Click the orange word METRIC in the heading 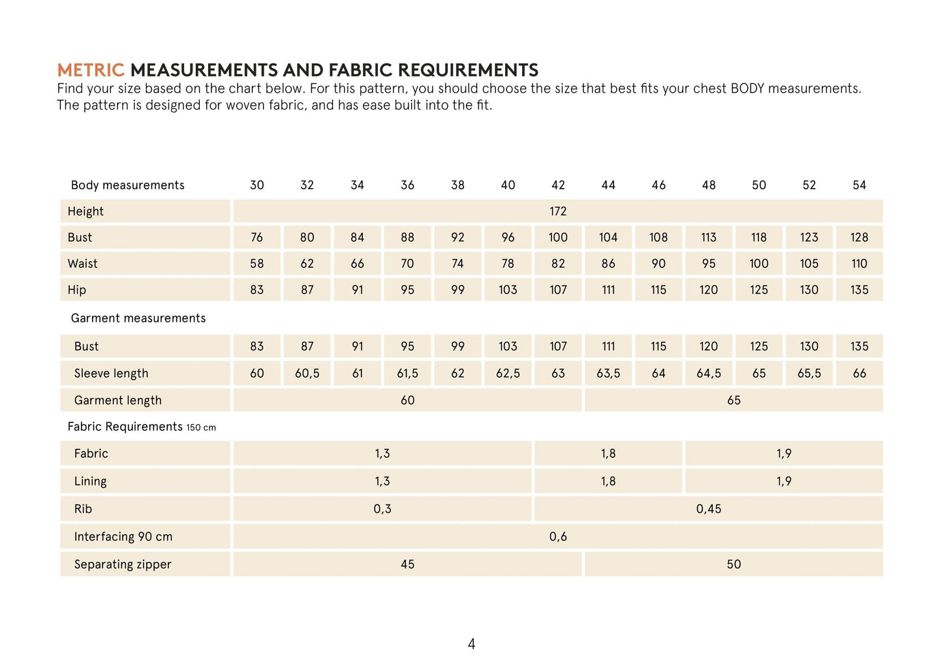pos(90,70)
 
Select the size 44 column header pos(608,185)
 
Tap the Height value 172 pos(558,211)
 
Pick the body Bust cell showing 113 pos(709,237)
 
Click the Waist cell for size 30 pos(257,264)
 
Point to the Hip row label pos(77,290)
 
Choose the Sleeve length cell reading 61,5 pos(407,373)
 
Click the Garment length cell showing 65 pos(734,400)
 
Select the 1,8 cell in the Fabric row pos(608,453)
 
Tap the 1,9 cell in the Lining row pos(784,481)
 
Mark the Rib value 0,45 pos(709,509)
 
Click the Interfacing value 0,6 pos(558,537)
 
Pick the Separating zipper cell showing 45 pos(407,564)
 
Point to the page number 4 pos(472,645)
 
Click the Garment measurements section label pos(138,318)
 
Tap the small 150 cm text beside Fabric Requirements pos(201,428)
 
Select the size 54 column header pos(859,185)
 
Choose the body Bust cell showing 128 pos(859,237)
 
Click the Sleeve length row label pos(111,374)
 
